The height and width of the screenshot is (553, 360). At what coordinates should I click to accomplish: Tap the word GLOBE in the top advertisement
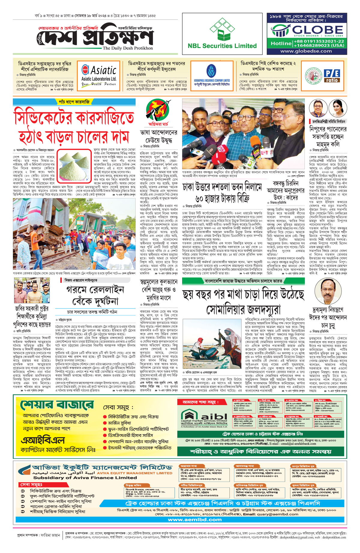317,30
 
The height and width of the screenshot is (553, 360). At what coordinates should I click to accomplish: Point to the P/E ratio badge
331,76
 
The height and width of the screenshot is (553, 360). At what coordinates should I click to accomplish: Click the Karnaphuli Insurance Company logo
211,75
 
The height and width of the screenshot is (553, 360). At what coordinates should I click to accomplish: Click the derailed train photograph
74,235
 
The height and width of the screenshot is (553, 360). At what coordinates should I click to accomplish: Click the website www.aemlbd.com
195,519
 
